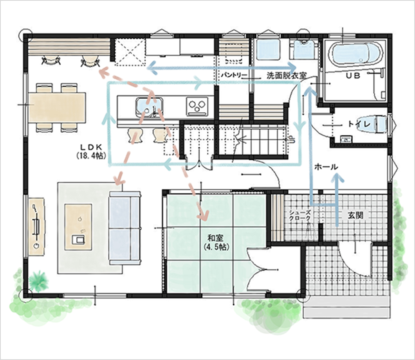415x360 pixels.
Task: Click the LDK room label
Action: click(x=91, y=147)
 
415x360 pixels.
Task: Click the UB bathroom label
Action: click(x=353, y=76)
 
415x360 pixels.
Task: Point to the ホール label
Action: click(x=326, y=167)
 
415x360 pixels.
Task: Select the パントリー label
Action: click(x=234, y=76)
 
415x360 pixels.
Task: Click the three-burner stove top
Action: click(x=197, y=106)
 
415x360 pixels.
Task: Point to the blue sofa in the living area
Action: click(x=125, y=228)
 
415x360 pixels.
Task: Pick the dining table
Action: click(x=57, y=107)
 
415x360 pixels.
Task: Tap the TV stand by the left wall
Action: click(x=36, y=226)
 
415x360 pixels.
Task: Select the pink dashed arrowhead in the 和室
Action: click(x=203, y=215)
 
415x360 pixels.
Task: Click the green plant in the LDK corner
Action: click(x=39, y=281)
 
